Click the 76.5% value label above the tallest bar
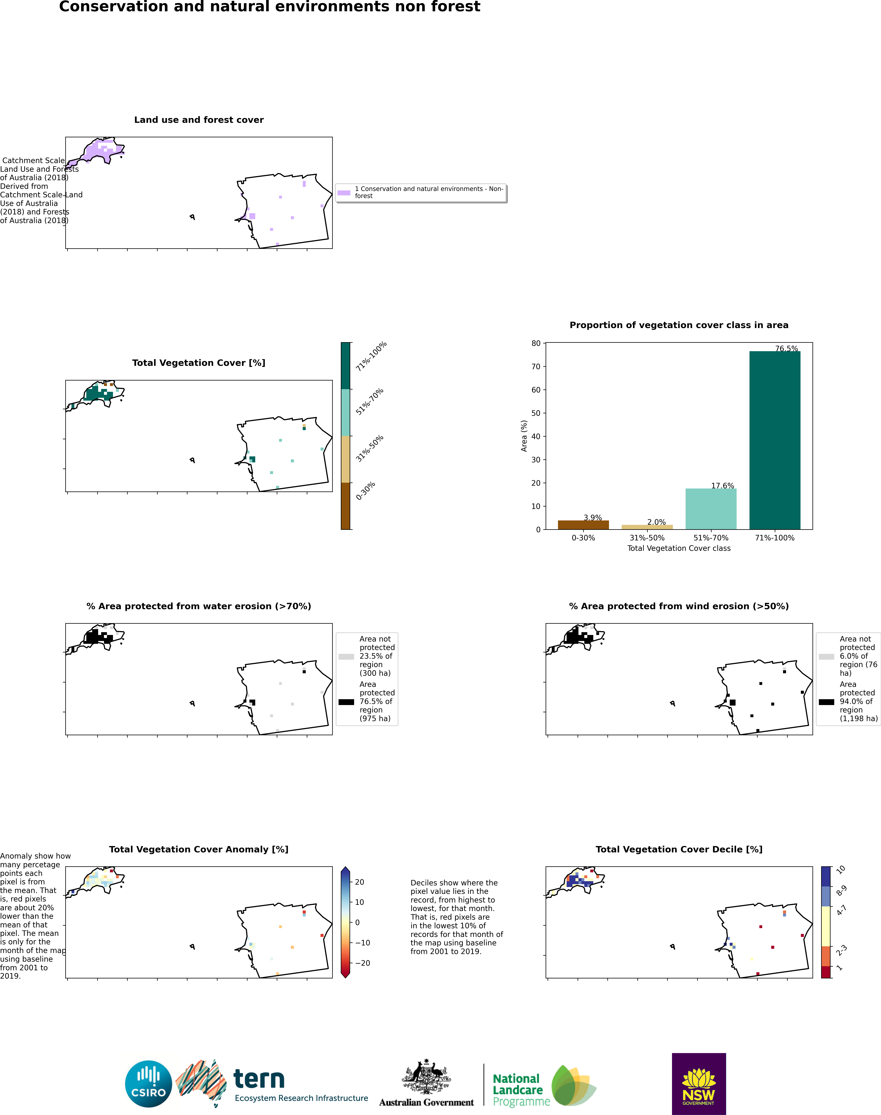pyautogui.click(x=787, y=349)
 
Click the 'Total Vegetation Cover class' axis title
pyautogui.click(x=679, y=548)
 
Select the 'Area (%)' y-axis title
pyautogui.click(x=524, y=436)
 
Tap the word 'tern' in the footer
pyautogui.click(x=259, y=1079)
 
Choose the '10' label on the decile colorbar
pyautogui.click(x=841, y=870)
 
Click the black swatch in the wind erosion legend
pyautogui.click(x=826, y=702)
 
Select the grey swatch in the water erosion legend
pyautogui.click(x=346, y=657)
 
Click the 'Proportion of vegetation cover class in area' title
pyautogui.click(x=679, y=325)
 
